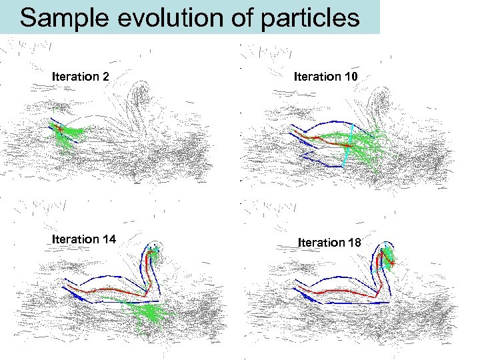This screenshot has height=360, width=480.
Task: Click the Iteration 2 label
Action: [81, 77]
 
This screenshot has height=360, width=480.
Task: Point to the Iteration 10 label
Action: [326, 77]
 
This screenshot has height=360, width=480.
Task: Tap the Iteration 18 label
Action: [330, 243]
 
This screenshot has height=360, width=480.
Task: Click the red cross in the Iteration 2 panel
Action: [59, 128]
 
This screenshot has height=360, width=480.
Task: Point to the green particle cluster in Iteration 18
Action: [387, 257]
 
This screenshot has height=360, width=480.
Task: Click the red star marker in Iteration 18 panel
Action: [393, 265]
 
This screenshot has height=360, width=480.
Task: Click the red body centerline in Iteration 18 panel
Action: [340, 291]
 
